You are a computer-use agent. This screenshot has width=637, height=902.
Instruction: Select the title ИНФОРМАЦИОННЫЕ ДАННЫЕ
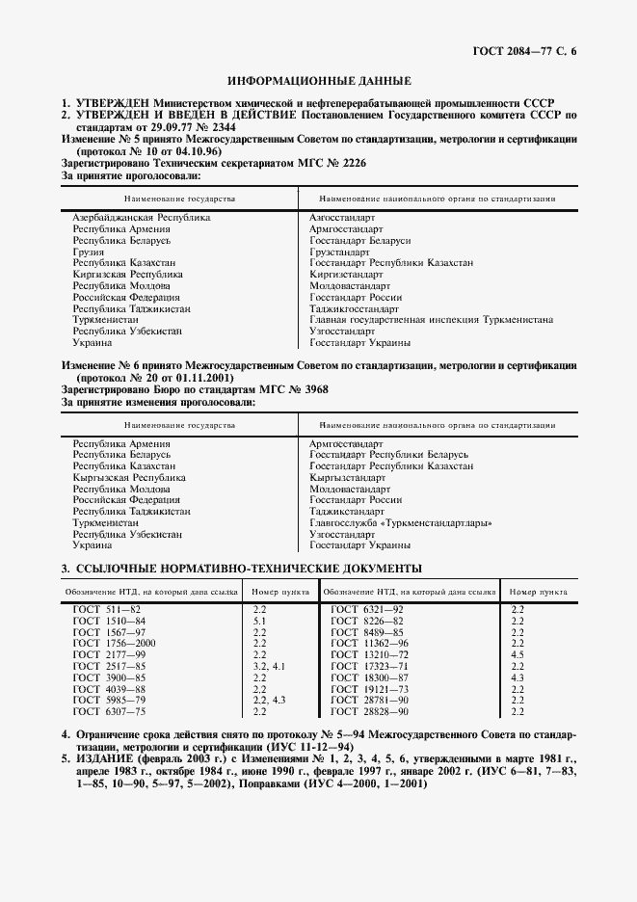click(319, 80)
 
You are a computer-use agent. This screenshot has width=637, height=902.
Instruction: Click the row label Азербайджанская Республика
click(142, 218)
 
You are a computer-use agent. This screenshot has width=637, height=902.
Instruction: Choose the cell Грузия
click(90, 252)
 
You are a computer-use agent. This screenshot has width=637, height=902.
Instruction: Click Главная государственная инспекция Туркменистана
click(431, 320)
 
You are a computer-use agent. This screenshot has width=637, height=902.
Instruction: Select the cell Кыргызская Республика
click(130, 478)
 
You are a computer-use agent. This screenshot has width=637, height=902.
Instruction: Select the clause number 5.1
click(259, 622)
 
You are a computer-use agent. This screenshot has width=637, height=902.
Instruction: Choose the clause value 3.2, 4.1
click(269, 666)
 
